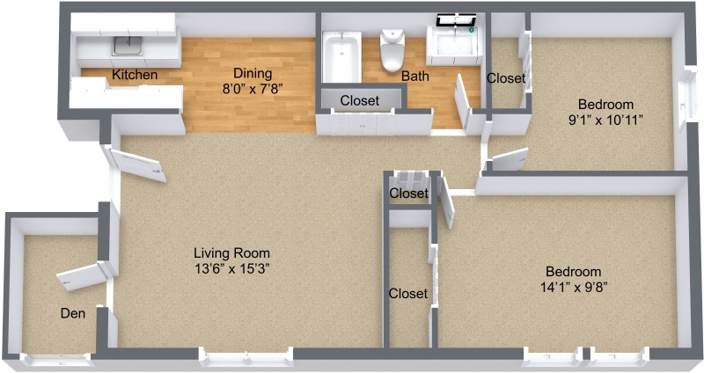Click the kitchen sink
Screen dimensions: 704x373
(x=128, y=46)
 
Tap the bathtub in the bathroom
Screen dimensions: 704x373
(x=341, y=56)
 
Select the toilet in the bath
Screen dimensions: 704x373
(x=392, y=49)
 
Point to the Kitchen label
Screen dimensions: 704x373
(x=135, y=75)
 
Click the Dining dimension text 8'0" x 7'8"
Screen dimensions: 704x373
(x=253, y=89)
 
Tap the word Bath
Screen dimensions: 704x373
(x=415, y=76)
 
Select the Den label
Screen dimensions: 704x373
(x=73, y=313)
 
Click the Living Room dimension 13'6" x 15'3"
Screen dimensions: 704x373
(x=231, y=268)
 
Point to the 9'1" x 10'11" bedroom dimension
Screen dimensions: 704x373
(x=605, y=121)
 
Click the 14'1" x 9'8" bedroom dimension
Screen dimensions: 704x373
(x=574, y=287)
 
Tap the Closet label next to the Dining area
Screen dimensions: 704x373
(x=360, y=100)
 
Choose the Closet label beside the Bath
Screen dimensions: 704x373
(x=506, y=78)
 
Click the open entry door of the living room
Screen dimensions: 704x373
(x=137, y=165)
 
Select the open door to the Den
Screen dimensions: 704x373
(x=82, y=276)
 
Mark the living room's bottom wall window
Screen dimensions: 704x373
(x=246, y=359)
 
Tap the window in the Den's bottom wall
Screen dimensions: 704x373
(x=57, y=360)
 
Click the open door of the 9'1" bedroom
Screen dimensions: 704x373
(x=510, y=159)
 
